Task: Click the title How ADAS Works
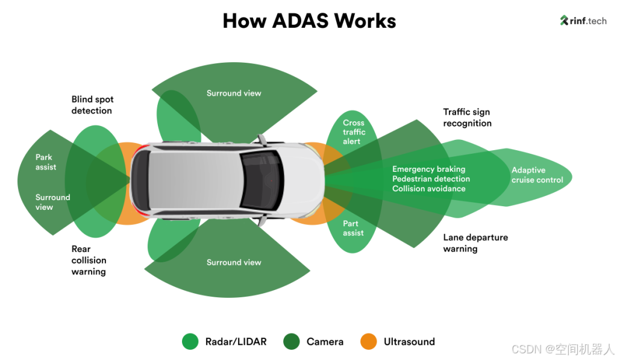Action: point(309,21)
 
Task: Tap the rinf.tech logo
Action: point(583,21)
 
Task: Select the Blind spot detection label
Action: point(92,105)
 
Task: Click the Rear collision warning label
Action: point(89,260)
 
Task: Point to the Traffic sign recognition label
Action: point(467,118)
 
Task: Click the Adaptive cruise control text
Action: point(537,175)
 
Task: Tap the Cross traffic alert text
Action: point(354,132)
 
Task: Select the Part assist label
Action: point(353,228)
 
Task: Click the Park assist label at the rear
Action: point(46,162)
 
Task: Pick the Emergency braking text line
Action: point(428,169)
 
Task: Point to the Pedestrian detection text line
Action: point(431,179)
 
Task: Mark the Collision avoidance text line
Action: point(428,189)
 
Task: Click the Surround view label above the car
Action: point(234,93)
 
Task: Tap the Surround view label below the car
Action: point(234,262)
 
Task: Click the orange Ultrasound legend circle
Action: point(368,341)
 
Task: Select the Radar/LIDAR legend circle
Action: point(190,341)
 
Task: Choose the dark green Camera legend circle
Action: point(291,341)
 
